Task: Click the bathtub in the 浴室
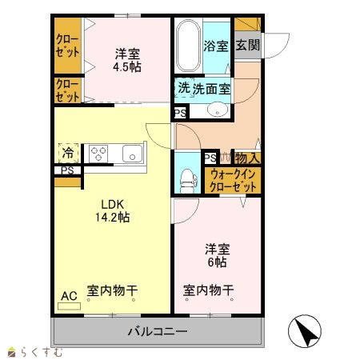click(188, 46)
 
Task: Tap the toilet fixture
click(188, 181)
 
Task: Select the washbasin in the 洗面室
click(218, 110)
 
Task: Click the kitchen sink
click(132, 154)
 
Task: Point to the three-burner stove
click(98, 154)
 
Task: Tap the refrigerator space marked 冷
click(68, 153)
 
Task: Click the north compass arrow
click(306, 331)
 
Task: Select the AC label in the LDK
click(69, 296)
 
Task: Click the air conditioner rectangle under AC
click(69, 306)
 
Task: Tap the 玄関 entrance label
click(248, 45)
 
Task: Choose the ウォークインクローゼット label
click(233, 180)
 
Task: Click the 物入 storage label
click(247, 158)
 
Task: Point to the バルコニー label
click(158, 331)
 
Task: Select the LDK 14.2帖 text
click(113, 211)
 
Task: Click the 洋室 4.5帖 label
click(127, 60)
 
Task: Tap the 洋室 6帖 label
click(218, 255)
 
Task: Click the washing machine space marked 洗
click(184, 88)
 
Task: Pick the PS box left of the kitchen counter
click(67, 170)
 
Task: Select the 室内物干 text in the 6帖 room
click(208, 290)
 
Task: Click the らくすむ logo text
click(42, 352)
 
